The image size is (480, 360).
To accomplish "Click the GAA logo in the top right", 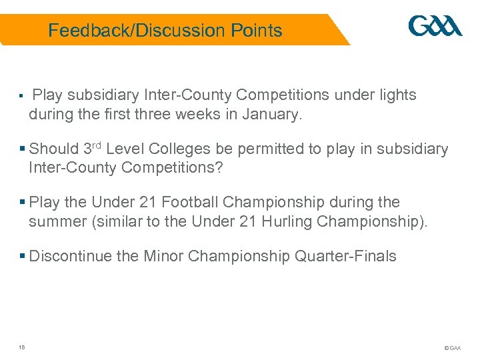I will tap(435, 27).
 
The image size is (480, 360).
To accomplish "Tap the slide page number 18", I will tap(22, 346).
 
